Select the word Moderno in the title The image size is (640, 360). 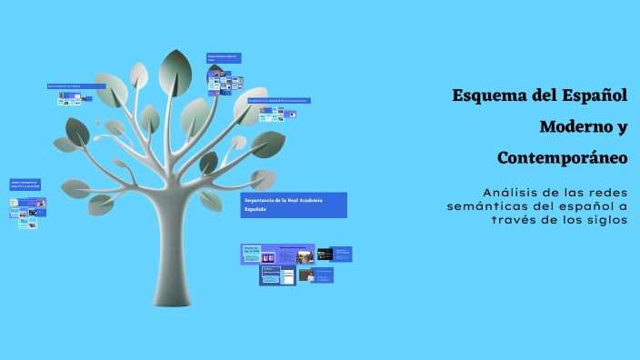click(574, 126)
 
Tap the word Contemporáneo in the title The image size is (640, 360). click(563, 158)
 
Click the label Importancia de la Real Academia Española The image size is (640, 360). click(295, 205)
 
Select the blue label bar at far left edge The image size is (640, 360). click(25, 185)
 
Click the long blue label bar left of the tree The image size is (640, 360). click(76, 86)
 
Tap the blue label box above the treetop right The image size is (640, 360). click(224, 58)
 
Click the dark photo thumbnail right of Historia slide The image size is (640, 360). click(324, 254)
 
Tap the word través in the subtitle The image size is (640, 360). click(515, 220)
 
